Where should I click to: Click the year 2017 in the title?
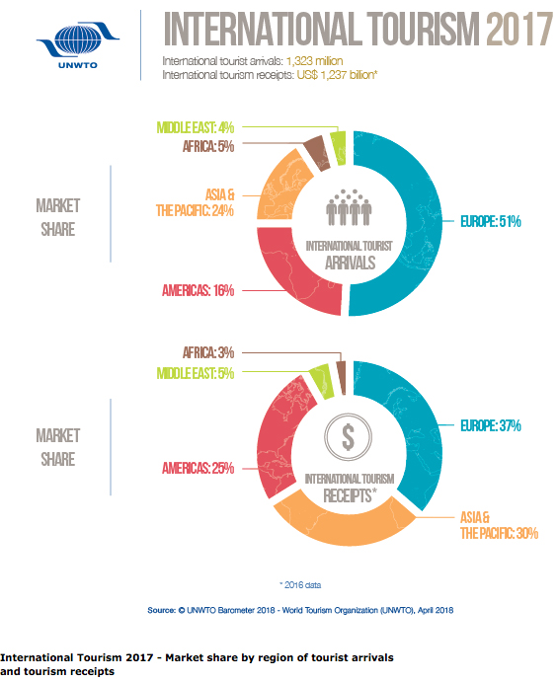tap(518, 33)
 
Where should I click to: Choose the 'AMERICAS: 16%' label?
tap(198, 290)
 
